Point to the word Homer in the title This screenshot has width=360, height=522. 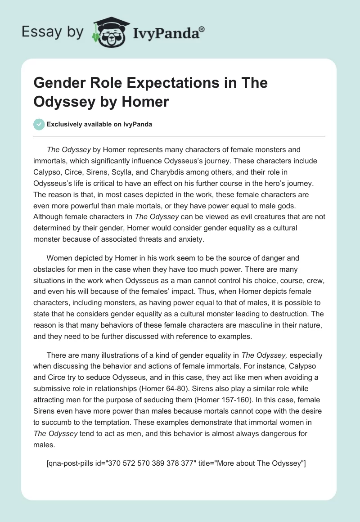(x=146, y=102)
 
